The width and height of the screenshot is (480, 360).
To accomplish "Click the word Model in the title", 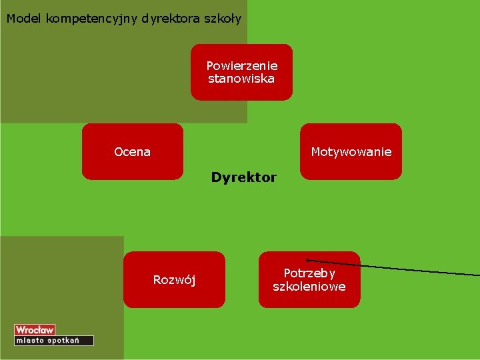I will [x=24, y=19].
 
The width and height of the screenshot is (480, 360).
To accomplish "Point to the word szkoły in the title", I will [x=223, y=19].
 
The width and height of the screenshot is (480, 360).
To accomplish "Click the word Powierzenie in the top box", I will [x=241, y=66].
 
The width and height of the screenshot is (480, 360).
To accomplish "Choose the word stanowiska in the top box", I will [x=241, y=79].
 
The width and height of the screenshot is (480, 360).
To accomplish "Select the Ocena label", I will [x=132, y=152].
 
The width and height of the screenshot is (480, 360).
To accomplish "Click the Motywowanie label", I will [x=351, y=152].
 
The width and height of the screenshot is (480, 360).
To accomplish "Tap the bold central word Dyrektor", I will [x=243, y=177].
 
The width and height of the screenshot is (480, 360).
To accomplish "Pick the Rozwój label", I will [x=174, y=279].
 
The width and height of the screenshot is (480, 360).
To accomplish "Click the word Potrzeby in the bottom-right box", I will [x=309, y=273].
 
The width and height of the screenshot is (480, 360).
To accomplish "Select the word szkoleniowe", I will [x=309, y=287].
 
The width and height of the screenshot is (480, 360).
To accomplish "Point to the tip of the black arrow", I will [x=307, y=260].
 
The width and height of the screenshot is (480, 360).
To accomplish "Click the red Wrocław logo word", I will [x=35, y=330].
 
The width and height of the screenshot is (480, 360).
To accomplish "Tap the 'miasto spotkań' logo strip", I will [x=53, y=341].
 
